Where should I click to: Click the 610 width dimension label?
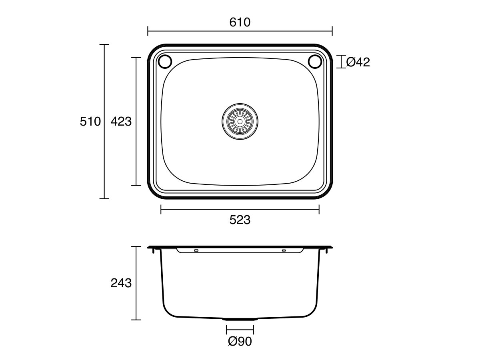click(240, 22)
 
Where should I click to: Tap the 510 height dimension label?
click(90, 121)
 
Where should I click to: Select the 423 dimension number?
click(121, 121)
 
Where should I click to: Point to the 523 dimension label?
click(240, 220)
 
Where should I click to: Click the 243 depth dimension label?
click(121, 283)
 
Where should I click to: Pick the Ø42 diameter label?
click(358, 62)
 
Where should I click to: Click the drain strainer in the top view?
click(240, 122)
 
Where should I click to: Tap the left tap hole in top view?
click(165, 62)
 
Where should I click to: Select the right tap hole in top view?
click(315, 62)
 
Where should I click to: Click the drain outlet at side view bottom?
click(240, 319)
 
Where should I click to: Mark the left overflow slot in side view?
click(196, 251)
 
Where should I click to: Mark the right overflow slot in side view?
click(284, 251)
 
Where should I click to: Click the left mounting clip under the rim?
click(153, 251)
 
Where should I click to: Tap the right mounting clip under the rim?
click(328, 251)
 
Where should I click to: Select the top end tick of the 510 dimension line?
click(104, 44)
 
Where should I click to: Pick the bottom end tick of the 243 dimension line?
click(136, 320)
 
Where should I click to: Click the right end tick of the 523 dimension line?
click(319, 209)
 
